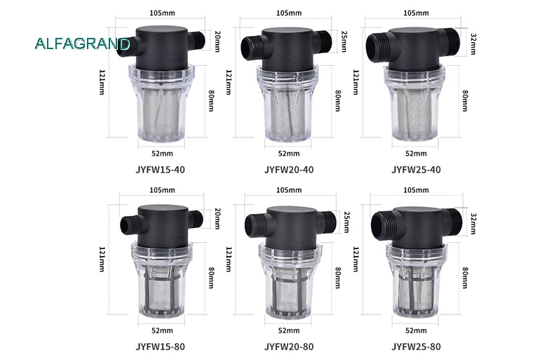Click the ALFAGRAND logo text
(x=83, y=44)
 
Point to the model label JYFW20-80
(x=288, y=346)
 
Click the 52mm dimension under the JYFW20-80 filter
(x=288, y=331)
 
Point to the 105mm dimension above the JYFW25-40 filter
(x=417, y=13)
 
